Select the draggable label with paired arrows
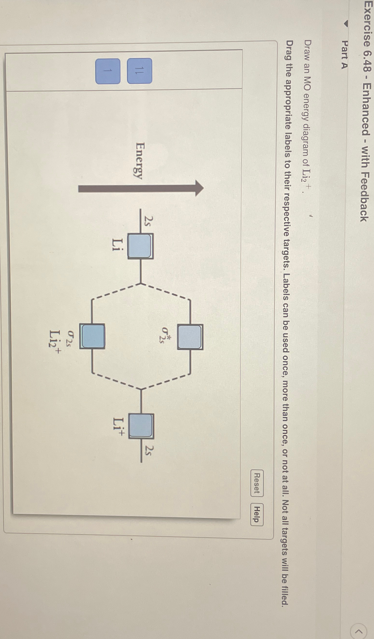tap(140, 71)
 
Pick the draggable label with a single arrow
tap(108, 71)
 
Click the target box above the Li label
tap(141, 246)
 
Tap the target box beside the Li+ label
tap(141, 426)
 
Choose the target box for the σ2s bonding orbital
tap(92, 336)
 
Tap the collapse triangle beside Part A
tap(345, 24)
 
